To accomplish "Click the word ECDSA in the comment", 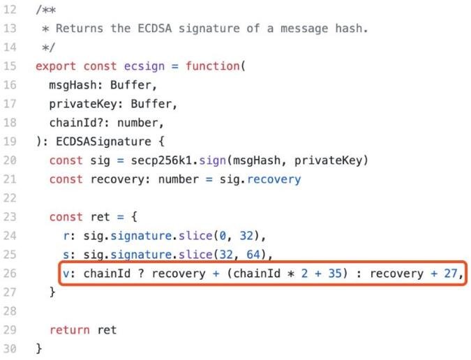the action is click(x=155, y=28).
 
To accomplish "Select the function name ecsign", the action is click(x=144, y=66).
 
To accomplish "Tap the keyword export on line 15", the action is click(x=56, y=66).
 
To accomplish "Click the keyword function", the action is click(x=212, y=66).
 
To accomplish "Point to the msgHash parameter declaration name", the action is click(x=73, y=85).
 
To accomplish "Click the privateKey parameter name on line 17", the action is click(x=83, y=104).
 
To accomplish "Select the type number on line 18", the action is click(x=137, y=123).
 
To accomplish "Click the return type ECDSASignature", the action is click(x=103, y=142).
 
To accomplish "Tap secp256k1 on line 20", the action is click(x=161, y=160).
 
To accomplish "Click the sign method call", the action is click(x=212, y=160).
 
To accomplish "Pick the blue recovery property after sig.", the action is click(x=274, y=179).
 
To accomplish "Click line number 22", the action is click(x=10, y=198).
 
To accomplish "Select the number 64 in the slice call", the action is click(x=253, y=255).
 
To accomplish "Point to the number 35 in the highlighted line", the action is click(x=335, y=273).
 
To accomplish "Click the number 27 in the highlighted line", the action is click(x=450, y=273).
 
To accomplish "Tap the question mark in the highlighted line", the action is click(x=141, y=273).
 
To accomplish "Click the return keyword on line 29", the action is click(x=69, y=330).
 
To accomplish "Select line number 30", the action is click(x=10, y=349).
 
